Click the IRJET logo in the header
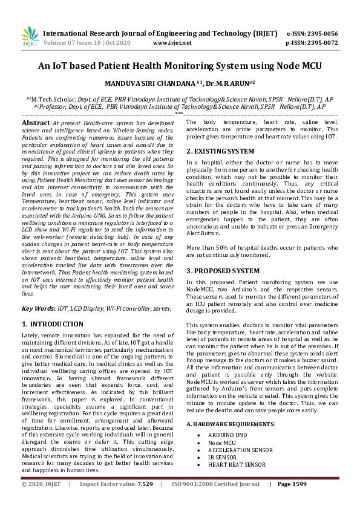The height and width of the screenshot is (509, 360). (x=30, y=37)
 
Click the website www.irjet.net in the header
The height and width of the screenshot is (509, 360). (x=172, y=43)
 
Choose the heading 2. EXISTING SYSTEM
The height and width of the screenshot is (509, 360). (x=220, y=151)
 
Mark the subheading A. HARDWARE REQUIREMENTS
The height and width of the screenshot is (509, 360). (x=230, y=424)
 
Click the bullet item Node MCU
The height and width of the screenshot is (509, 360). (x=221, y=443)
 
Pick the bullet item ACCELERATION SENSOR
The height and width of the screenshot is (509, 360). (x=240, y=450)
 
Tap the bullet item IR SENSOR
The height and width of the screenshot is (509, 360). (x=223, y=457)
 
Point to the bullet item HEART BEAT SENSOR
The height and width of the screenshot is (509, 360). (x=237, y=464)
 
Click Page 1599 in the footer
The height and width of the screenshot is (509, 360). (x=292, y=485)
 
